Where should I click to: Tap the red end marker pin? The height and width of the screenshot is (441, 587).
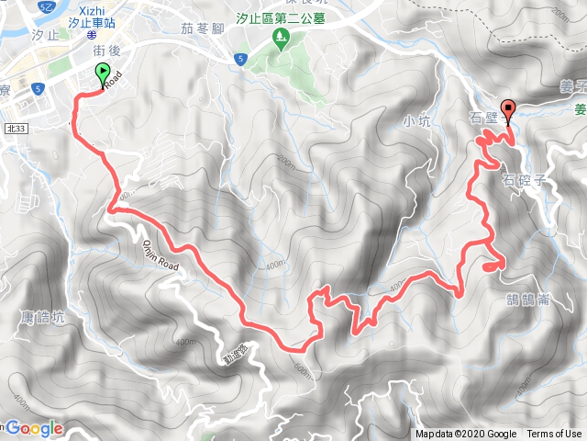coord(509,108)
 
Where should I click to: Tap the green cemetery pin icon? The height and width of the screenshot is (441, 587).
coord(282,38)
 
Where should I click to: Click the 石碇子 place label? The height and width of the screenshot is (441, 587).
coord(525,179)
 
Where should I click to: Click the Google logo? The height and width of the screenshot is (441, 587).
coord(35,428)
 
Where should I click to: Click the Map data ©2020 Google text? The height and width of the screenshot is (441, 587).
coord(466,434)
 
